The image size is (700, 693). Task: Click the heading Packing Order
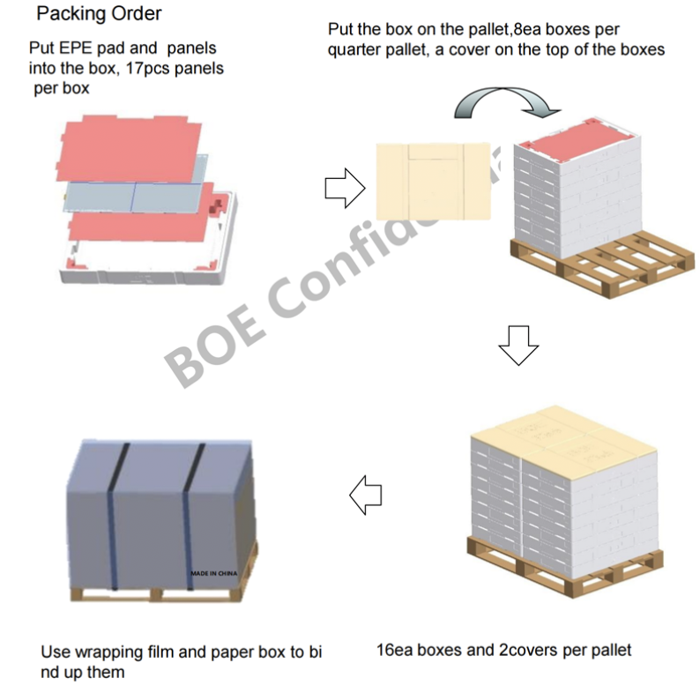pos(98,14)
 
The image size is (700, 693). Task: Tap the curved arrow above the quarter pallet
pos(508,103)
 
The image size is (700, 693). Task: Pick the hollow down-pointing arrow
pos(518,345)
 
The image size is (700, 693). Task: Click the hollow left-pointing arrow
pos(366,496)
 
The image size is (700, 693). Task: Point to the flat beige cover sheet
pos(432,181)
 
